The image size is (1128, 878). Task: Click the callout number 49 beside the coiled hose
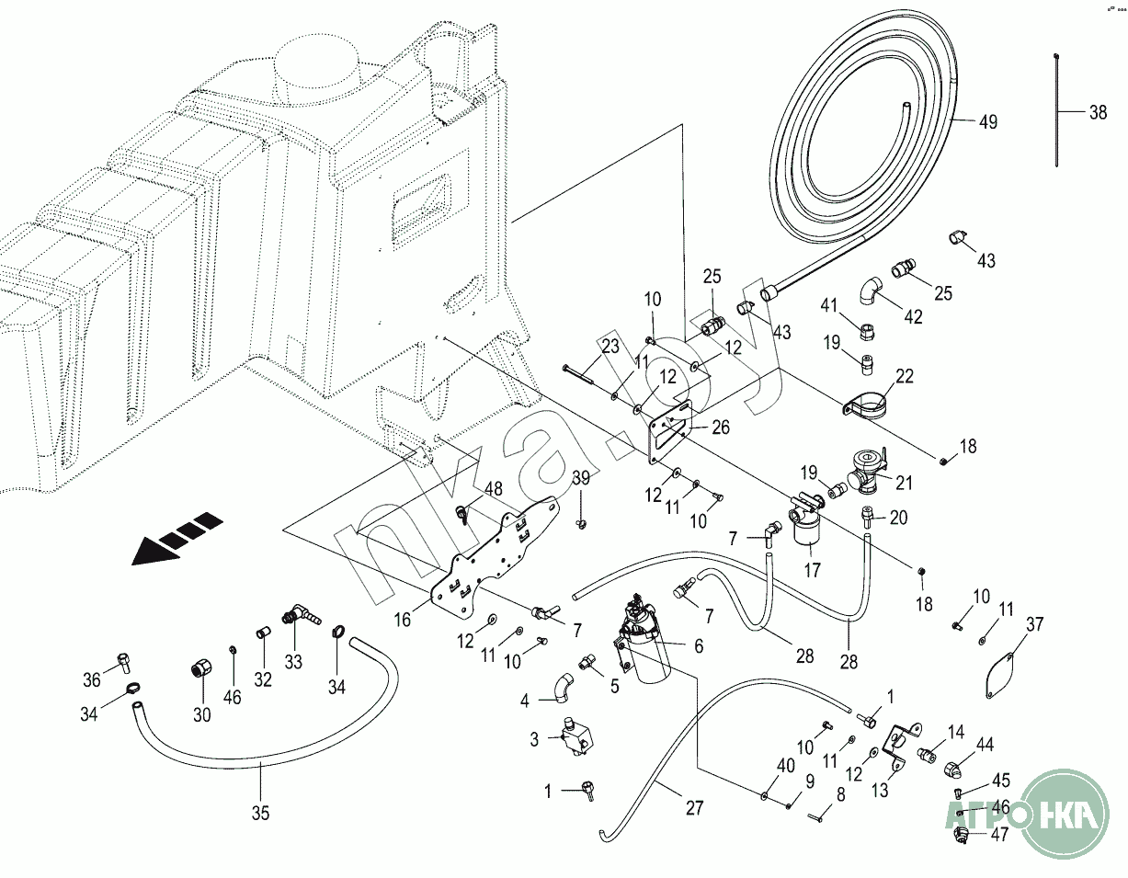click(987, 122)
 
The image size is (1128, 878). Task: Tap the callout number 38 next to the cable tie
click(1097, 113)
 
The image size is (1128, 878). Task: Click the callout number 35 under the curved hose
click(260, 812)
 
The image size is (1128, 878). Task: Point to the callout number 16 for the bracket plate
click(403, 620)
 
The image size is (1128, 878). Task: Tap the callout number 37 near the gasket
click(1034, 625)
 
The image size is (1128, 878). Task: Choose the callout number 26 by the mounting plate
click(721, 427)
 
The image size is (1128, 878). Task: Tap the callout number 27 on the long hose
click(693, 807)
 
